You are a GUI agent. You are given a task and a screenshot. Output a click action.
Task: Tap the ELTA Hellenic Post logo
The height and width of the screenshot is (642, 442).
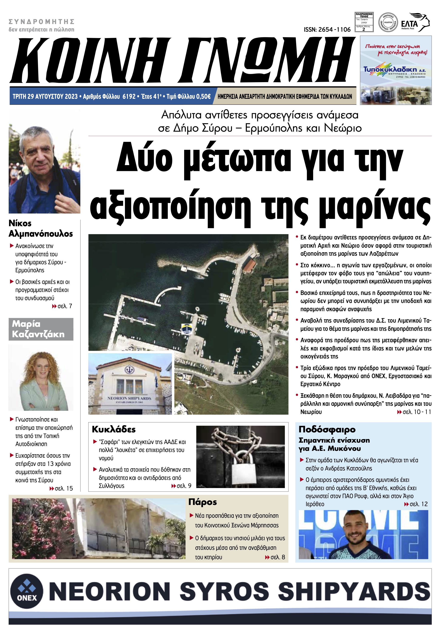pos(415,22)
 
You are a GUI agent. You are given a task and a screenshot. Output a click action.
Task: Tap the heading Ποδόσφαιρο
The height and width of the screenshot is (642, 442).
pos(327,429)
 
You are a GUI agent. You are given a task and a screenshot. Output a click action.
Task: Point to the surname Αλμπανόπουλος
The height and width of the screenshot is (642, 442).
pos(41,234)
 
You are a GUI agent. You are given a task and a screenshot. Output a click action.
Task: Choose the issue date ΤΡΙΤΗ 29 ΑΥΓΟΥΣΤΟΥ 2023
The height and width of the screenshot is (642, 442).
pos(45,96)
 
